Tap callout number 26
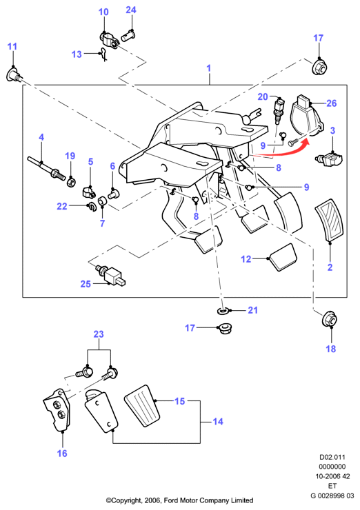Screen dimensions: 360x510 pos(331,103)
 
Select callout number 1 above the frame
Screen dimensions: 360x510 pos(209,68)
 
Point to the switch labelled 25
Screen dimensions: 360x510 pos(110,275)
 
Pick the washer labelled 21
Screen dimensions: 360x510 pos(223,311)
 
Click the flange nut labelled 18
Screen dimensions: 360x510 pos(329,318)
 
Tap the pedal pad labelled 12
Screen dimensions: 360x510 pos(282,257)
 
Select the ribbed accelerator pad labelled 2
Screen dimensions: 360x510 pos(329,221)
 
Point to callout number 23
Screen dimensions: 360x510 pos(99,334)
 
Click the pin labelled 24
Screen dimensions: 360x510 pos(128,36)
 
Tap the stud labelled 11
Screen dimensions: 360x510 pos(14,75)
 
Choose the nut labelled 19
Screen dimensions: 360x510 pos(71,181)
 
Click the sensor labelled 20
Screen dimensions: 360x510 pos(279,110)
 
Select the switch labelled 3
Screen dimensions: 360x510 pos(330,159)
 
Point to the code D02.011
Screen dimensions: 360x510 pos(332,457)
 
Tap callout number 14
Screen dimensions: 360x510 pos(218,422)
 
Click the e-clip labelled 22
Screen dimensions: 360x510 pos(90,206)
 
